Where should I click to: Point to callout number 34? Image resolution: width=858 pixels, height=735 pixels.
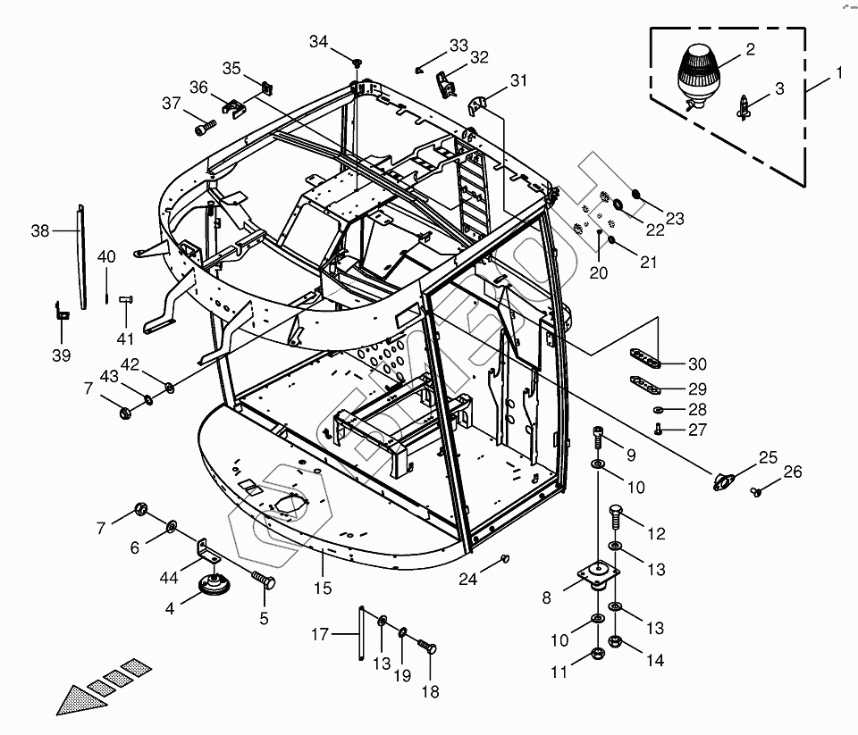319,41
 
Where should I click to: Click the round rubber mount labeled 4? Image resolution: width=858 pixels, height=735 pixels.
213,586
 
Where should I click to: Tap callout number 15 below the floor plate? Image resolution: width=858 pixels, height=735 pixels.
323,588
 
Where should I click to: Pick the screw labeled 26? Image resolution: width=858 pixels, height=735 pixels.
756,490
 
